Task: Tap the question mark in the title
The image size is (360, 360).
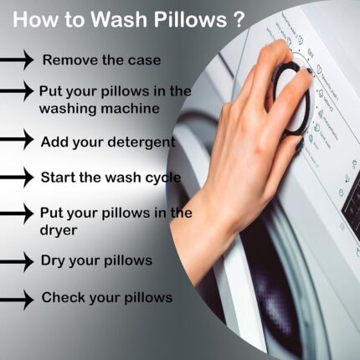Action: click(x=238, y=19)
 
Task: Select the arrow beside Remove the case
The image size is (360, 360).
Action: click(x=17, y=59)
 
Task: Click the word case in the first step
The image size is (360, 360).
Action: click(x=145, y=60)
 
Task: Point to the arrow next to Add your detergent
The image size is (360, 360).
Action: click(x=17, y=139)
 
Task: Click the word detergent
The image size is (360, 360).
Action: click(x=142, y=142)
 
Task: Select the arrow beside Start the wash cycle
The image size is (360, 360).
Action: click(x=17, y=177)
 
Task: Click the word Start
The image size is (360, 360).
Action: click(x=59, y=177)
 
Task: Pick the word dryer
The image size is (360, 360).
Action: click(x=59, y=231)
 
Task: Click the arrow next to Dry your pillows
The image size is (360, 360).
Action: click(x=17, y=261)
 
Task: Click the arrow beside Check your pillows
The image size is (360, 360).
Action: click(x=17, y=300)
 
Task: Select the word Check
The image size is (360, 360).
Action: click(x=63, y=297)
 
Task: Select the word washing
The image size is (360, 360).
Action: click(x=69, y=109)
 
